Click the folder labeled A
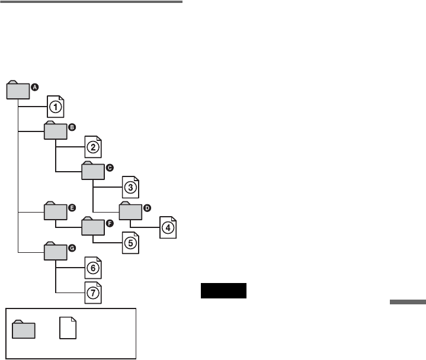tap(18, 91)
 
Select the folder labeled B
tap(56, 131)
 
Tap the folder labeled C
tap(93, 171)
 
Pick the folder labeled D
tap(130, 211)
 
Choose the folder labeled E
tap(56, 211)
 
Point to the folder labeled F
tap(93, 227)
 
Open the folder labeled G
tap(56, 251)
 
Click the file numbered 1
tap(55, 107)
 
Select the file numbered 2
tap(93, 147)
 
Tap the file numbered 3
tap(130, 187)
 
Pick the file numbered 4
tap(168, 227)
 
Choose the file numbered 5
tap(130, 243)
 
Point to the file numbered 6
tap(93, 268)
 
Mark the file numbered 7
tap(93, 292)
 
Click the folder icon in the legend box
tap(24, 329)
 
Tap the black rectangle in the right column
tap(223, 291)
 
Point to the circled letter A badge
tap(34, 86)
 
